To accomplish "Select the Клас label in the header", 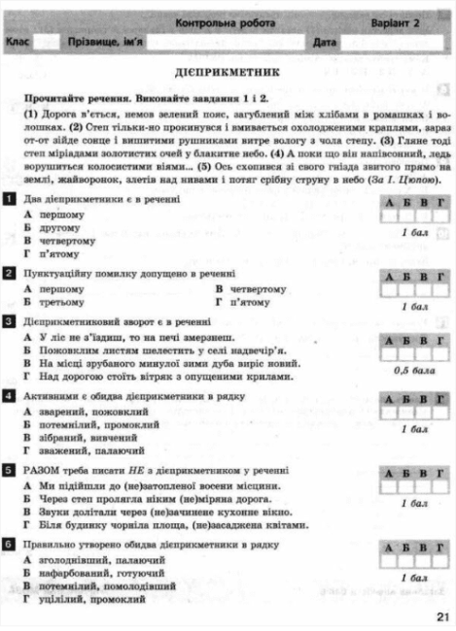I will tap(18, 43).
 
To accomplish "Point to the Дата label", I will tap(325, 43).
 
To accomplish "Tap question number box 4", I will tap(9, 397).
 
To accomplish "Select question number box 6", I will tap(9, 547).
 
